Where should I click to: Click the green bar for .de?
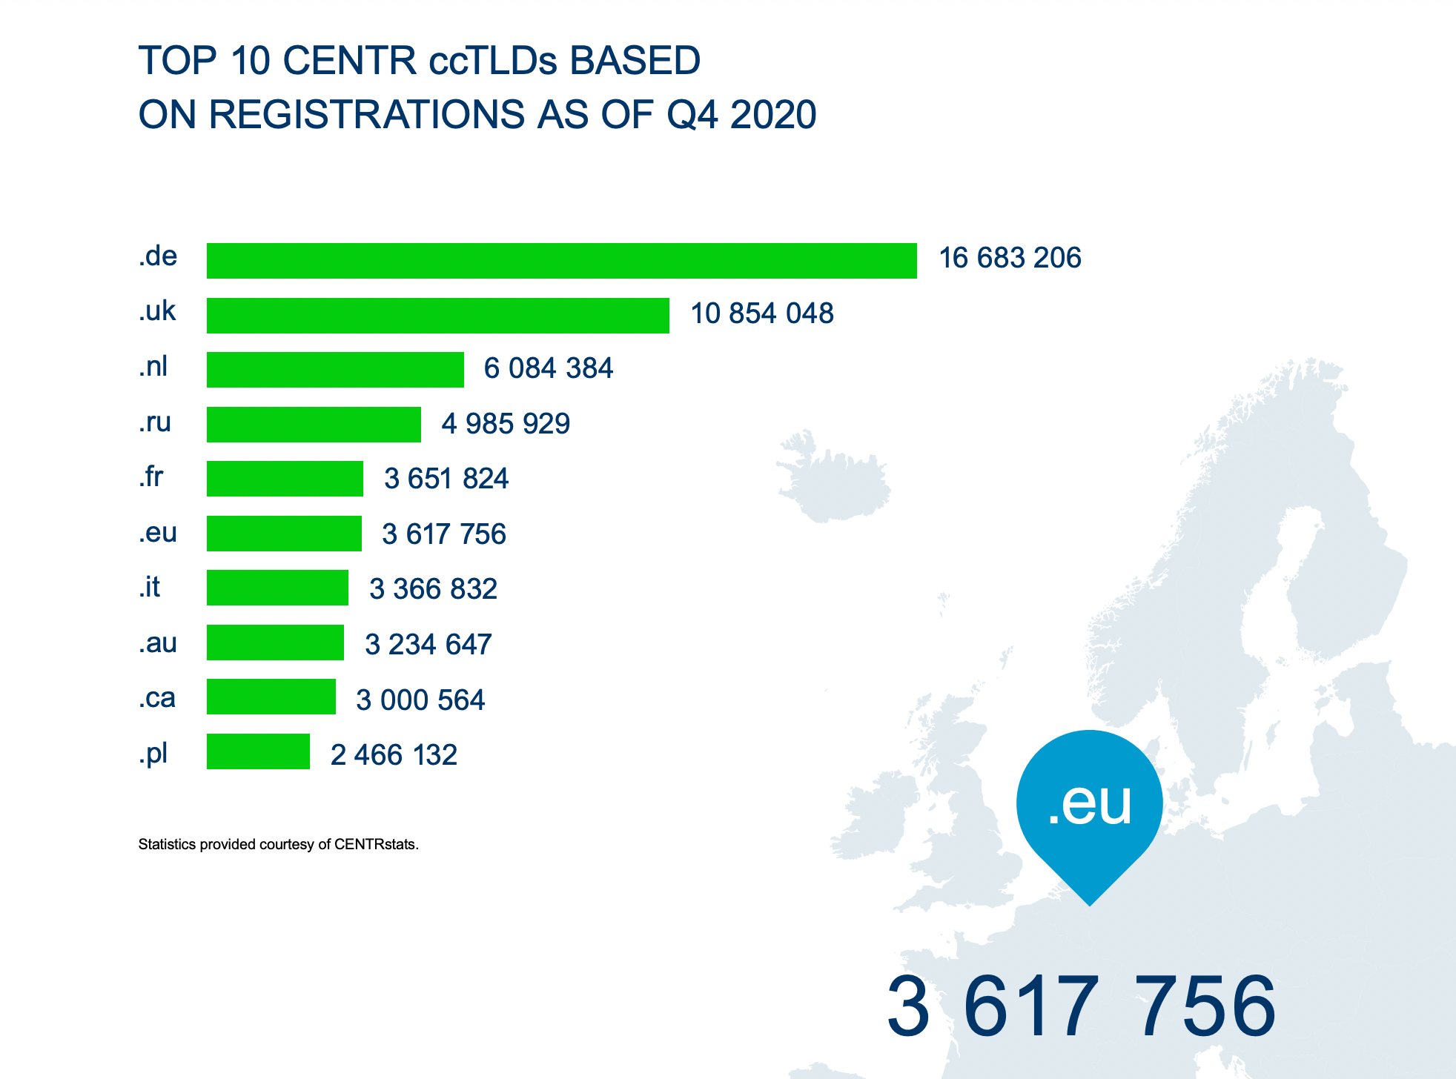[x=561, y=261]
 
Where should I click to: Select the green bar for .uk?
[x=437, y=316]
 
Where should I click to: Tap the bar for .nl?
[x=335, y=370]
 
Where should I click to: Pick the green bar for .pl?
[x=258, y=751]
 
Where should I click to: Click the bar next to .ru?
[x=314, y=425]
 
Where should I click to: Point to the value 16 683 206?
[x=1010, y=259]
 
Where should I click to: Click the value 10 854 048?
[x=761, y=313]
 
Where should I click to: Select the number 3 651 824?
[x=446, y=479]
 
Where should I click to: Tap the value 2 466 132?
[x=394, y=755]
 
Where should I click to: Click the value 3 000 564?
[x=420, y=700]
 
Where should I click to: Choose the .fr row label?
[x=150, y=477]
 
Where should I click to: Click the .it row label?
[x=149, y=587]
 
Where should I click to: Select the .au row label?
[x=157, y=643]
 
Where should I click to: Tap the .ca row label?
[x=156, y=698]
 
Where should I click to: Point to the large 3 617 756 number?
[x=1081, y=1006]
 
